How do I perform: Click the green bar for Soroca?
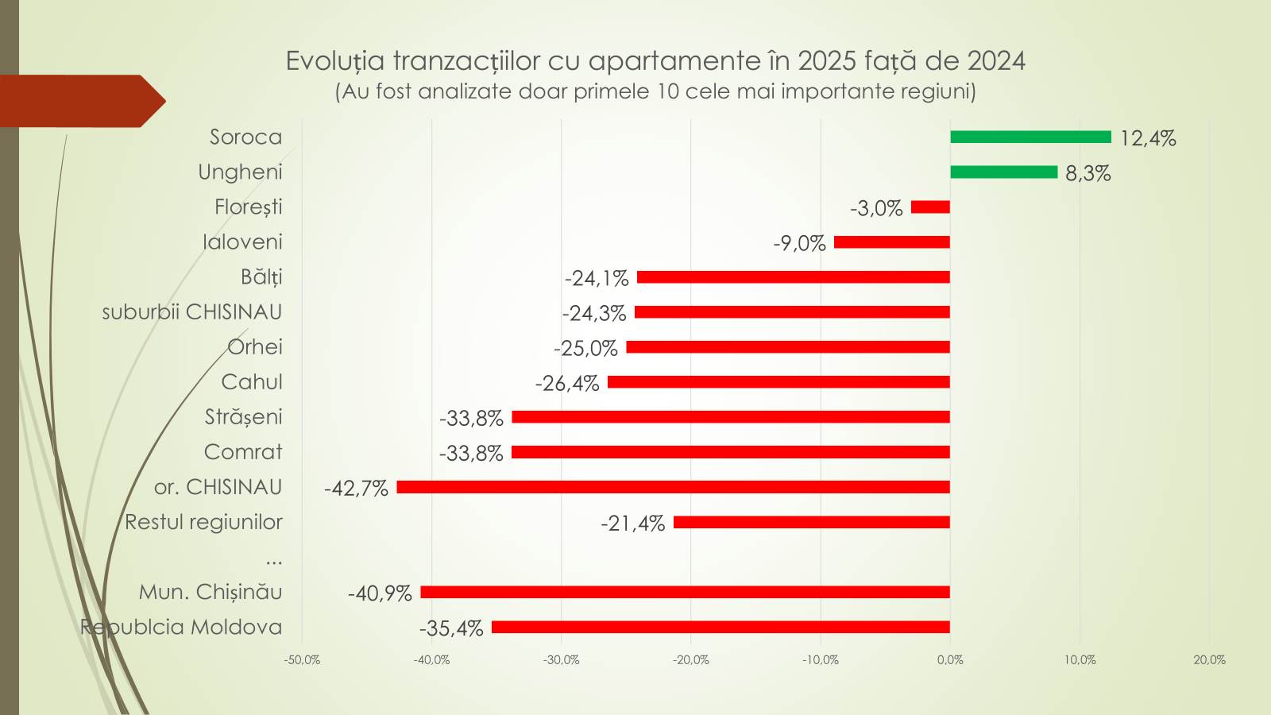[1030, 137]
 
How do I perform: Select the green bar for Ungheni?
[1003, 172]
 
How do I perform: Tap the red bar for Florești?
[930, 207]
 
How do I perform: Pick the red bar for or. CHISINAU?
[673, 487]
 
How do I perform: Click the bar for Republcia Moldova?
[720, 627]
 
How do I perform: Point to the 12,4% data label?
[1148, 138]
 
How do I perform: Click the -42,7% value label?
[356, 489]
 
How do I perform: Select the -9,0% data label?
[799, 244]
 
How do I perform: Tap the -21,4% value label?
[632, 524]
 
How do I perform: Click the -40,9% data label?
[380, 593]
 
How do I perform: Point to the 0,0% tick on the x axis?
[950, 660]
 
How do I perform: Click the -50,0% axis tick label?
[302, 660]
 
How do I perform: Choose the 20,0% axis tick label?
[1209, 660]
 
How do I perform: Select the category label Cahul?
[252, 382]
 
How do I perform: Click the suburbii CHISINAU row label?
[192, 312]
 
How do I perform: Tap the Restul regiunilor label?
[203, 522]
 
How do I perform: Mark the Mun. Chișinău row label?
[211, 592]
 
